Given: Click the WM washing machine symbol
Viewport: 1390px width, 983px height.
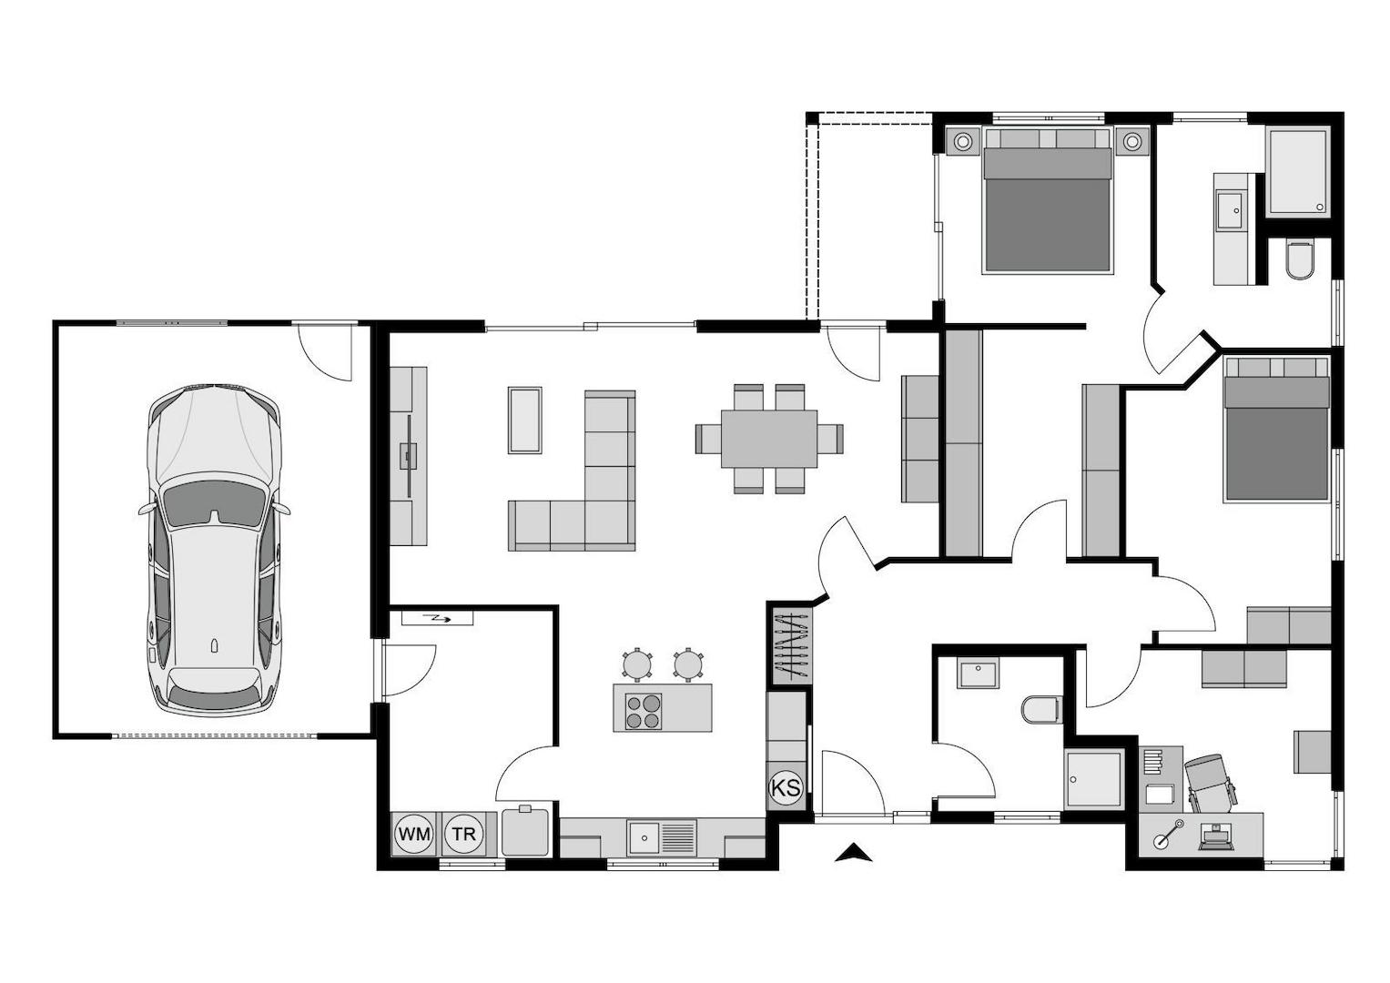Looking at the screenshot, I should click(414, 834).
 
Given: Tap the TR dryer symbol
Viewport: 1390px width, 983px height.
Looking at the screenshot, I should click(463, 834).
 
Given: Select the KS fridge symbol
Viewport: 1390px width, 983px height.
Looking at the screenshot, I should click(786, 787).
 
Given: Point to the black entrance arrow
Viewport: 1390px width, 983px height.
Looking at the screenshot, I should click(853, 853).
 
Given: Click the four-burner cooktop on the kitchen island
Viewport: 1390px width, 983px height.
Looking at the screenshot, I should click(644, 711).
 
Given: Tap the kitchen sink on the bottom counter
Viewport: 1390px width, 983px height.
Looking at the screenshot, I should click(644, 836).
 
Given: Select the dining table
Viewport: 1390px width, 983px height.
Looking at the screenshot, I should click(769, 439).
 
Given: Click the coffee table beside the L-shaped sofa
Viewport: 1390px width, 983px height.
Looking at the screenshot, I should click(525, 420).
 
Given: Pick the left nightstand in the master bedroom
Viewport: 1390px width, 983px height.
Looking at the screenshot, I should click(962, 142).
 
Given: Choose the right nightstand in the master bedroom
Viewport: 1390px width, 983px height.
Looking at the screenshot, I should click(1131, 142).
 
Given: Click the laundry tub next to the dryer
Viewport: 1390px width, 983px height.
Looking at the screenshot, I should click(525, 830).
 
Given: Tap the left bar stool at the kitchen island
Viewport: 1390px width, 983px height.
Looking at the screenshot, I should click(637, 663).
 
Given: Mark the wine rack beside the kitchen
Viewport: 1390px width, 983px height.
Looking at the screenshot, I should click(790, 647).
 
